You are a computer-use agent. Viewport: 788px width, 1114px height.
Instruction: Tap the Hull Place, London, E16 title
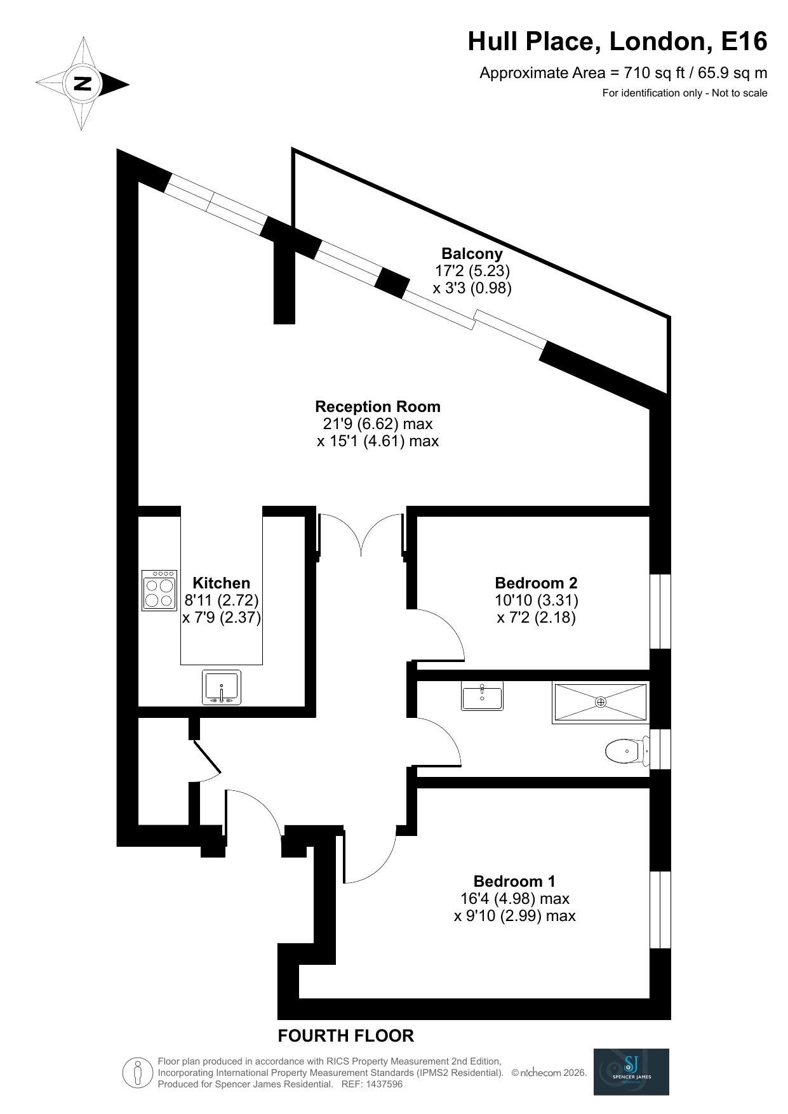click(x=617, y=42)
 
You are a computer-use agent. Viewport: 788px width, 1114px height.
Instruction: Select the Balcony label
click(x=472, y=254)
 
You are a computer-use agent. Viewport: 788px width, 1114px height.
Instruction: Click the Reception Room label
click(x=377, y=406)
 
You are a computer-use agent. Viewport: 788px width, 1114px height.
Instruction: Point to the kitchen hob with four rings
click(x=159, y=590)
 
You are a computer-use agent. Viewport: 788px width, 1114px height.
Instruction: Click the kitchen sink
click(x=222, y=687)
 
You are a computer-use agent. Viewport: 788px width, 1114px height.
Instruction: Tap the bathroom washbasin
click(x=482, y=696)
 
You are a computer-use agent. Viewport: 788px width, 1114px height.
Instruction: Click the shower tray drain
click(x=600, y=702)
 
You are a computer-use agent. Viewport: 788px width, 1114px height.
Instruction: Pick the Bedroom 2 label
click(x=536, y=583)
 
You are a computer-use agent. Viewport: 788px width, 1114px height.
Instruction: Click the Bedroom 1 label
click(x=514, y=881)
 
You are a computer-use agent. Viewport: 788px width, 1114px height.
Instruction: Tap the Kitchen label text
click(x=221, y=583)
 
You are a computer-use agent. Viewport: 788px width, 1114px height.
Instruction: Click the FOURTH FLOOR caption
click(x=345, y=1036)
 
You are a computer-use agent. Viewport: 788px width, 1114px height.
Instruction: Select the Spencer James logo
click(x=631, y=1071)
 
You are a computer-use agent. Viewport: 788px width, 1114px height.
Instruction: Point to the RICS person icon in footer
click(x=138, y=1073)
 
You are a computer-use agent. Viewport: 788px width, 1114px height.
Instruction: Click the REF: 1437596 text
click(x=372, y=1084)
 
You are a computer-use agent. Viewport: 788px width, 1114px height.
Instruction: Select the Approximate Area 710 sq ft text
click(x=623, y=73)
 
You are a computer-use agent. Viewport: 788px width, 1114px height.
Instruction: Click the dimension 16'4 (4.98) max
click(x=514, y=899)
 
